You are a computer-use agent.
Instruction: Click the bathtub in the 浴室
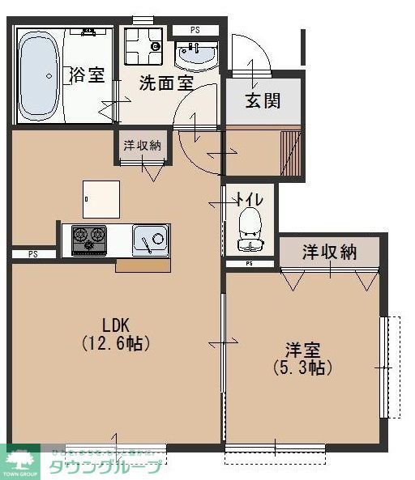(x=38, y=75)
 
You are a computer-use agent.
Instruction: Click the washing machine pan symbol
(x=144, y=47)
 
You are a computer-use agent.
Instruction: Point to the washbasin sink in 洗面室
(x=196, y=57)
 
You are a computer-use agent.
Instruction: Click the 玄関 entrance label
(x=263, y=101)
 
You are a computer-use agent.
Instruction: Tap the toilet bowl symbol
(x=250, y=224)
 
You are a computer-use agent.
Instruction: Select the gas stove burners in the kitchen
(x=88, y=238)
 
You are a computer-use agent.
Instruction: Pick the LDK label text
(x=114, y=320)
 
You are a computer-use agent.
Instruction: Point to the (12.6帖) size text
(x=114, y=342)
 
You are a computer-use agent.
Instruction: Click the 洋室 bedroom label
(x=302, y=350)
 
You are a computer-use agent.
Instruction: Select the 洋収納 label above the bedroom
(x=330, y=252)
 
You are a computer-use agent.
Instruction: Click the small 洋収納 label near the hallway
(x=143, y=146)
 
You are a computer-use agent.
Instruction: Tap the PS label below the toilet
(x=249, y=264)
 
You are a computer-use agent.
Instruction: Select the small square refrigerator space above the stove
(x=101, y=197)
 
